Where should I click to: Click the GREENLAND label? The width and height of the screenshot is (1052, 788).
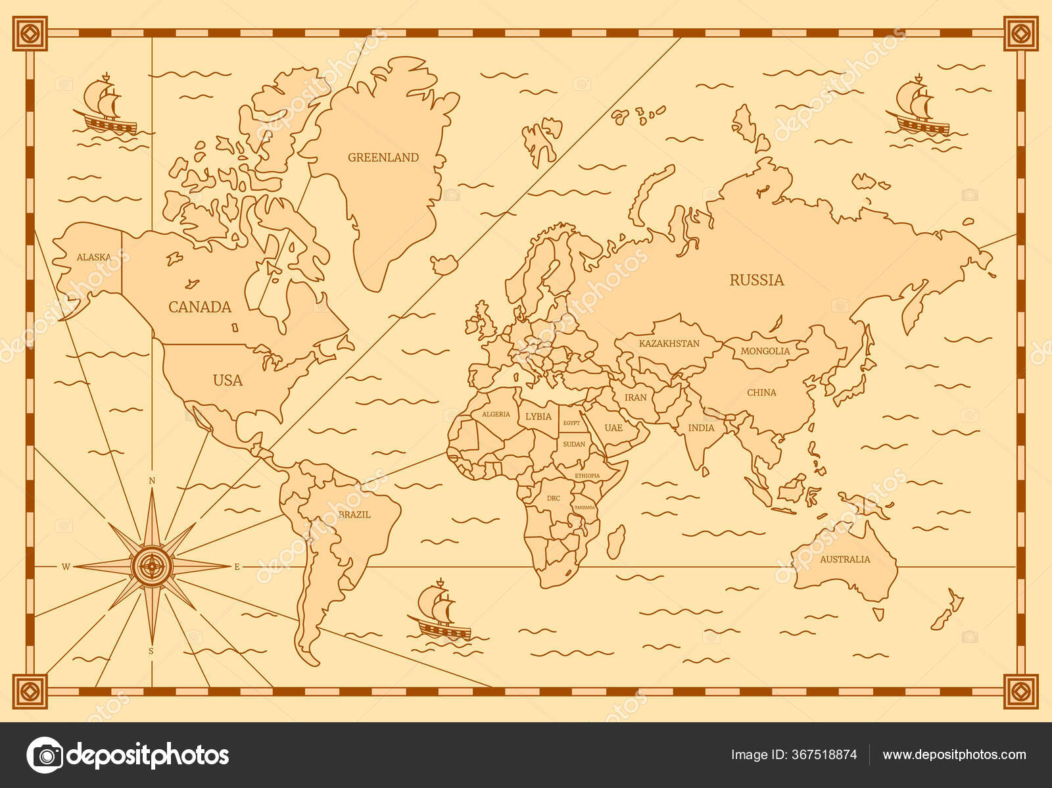click(x=383, y=157)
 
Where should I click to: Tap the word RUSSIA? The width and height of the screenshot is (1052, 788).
click(x=757, y=280)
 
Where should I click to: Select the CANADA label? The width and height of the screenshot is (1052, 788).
click(x=200, y=307)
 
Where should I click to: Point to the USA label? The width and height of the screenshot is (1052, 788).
click(x=227, y=380)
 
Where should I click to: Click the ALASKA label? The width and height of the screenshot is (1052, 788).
click(x=93, y=257)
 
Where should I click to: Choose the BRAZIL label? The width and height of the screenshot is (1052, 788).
click(x=354, y=514)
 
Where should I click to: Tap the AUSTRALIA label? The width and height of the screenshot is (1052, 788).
click(x=845, y=559)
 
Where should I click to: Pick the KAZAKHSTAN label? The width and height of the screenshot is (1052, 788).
click(x=669, y=343)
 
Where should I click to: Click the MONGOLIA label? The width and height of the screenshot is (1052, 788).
click(x=765, y=351)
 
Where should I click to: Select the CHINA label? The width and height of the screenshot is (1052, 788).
click(x=761, y=393)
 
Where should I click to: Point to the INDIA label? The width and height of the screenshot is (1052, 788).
click(x=701, y=428)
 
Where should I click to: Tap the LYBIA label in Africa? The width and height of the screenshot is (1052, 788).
click(x=538, y=416)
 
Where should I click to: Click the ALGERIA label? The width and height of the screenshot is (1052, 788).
click(x=496, y=414)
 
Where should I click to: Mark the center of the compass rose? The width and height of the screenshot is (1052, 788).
click(x=152, y=565)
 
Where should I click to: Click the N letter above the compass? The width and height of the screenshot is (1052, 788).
click(x=152, y=481)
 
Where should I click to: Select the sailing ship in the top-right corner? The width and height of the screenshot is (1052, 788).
click(x=918, y=108)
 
